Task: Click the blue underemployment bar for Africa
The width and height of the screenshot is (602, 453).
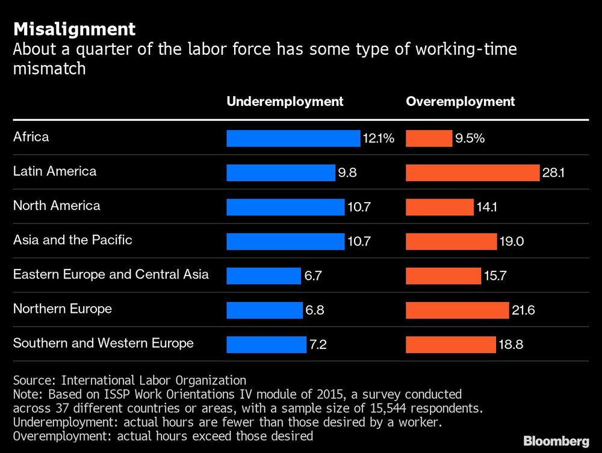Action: point(293,138)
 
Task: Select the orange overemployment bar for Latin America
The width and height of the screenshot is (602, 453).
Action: point(473,173)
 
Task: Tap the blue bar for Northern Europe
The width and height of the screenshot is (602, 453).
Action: point(264,310)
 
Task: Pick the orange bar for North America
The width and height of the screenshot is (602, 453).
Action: point(439,208)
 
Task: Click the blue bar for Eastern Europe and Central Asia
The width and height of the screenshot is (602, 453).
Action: point(263,276)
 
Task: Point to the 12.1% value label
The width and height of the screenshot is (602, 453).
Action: point(378,139)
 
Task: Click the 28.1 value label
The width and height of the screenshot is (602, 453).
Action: point(554,173)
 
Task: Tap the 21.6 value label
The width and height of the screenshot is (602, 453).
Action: point(523,311)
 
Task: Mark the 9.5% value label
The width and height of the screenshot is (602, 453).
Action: point(470,139)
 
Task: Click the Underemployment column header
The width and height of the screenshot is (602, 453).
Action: point(285,102)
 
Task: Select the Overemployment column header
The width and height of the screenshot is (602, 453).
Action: point(461,102)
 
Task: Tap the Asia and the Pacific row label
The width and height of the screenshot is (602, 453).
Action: point(73,240)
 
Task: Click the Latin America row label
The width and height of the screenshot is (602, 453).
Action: point(55,171)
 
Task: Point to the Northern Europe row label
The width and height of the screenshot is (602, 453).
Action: point(63,309)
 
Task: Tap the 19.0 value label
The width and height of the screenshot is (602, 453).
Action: point(512,242)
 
